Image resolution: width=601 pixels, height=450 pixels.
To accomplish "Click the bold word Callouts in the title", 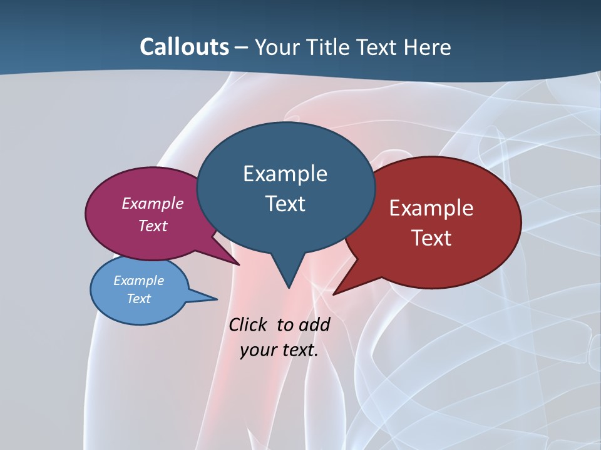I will (x=184, y=47).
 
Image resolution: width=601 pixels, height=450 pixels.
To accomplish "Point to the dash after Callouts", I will (x=242, y=47).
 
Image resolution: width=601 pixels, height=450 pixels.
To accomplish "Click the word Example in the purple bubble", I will (x=153, y=203).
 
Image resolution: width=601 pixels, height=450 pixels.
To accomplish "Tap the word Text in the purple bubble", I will (x=153, y=226).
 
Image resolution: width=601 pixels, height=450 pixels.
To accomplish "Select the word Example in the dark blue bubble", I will (x=285, y=174).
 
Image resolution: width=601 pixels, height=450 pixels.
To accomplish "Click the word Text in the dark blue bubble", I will (x=285, y=203).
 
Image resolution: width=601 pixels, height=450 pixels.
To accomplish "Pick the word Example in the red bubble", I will (x=431, y=208).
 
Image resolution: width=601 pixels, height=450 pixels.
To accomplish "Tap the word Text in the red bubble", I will (x=431, y=237).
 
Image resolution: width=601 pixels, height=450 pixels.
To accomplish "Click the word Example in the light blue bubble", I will (x=138, y=281).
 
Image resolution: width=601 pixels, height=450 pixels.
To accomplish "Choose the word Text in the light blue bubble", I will (x=138, y=299).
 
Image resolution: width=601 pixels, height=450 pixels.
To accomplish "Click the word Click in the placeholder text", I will (x=248, y=324).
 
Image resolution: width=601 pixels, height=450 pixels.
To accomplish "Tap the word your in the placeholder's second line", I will (x=257, y=350).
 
